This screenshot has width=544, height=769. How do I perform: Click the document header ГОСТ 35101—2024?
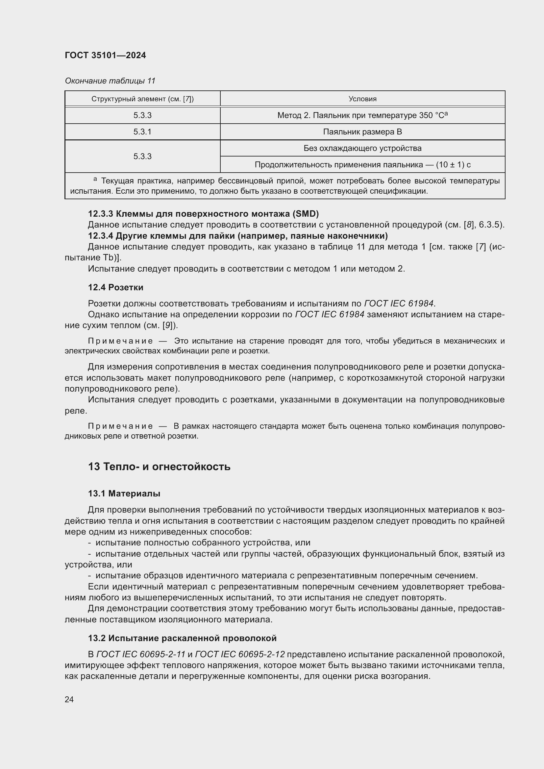pos(105,56)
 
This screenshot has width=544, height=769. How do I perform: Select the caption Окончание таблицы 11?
pos(110,81)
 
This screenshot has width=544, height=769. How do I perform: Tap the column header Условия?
pos(362,99)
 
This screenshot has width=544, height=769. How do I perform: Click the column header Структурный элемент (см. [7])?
pos(142,99)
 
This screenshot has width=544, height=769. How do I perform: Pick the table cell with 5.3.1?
pos(142,132)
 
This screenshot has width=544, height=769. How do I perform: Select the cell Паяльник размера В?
pos(362,132)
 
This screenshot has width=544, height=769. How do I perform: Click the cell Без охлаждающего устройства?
pos(362,148)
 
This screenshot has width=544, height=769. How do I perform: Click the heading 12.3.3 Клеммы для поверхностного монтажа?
pos(203,214)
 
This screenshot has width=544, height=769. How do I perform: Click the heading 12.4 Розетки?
pos(115,287)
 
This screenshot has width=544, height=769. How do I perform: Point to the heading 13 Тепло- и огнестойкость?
pos(159,467)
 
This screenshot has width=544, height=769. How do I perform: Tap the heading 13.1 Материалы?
pos(124,493)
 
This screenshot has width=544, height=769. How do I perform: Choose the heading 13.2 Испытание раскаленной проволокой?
pos(182,638)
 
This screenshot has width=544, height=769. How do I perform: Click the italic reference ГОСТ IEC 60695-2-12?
pos(239,654)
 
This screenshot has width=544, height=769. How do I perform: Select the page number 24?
pos(69,699)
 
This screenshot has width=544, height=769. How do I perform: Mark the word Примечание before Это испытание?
pos(120,341)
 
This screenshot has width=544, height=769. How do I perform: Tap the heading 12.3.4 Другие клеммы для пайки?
pos(237,236)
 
